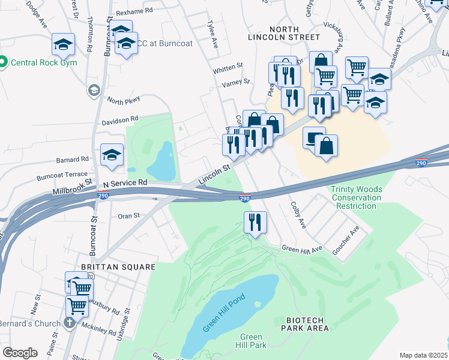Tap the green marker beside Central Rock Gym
click(3, 62)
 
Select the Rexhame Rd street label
click(135, 11)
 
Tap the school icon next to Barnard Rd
click(112, 155)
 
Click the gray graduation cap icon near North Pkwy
click(94, 91)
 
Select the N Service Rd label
click(125, 182)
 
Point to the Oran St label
click(128, 215)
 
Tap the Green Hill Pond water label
click(217, 315)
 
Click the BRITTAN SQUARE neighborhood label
click(119, 267)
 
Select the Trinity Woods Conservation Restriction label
click(357, 198)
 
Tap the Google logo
click(20, 353)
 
